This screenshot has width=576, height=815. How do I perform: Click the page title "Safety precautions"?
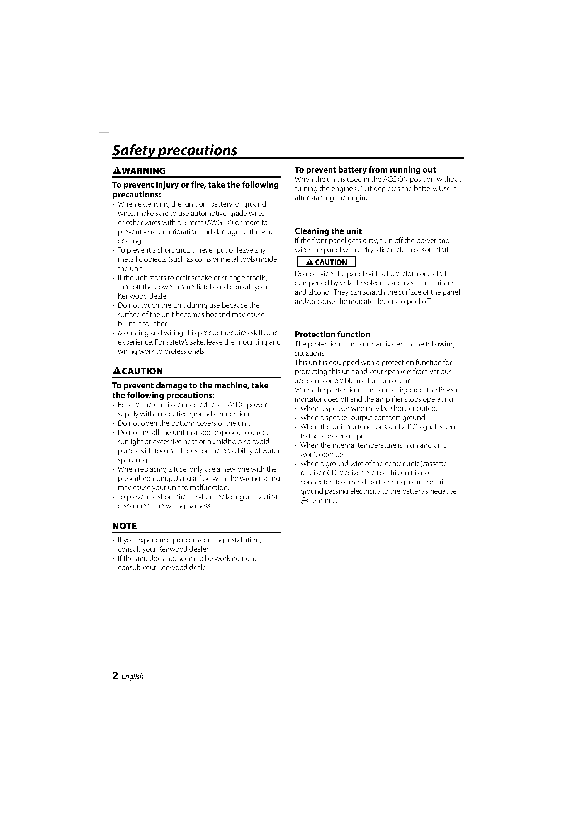tap(175, 150)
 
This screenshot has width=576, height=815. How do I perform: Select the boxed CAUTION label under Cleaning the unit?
tap(327, 262)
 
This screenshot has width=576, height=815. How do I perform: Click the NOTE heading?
tap(125, 526)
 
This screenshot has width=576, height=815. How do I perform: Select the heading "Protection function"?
tap(332, 334)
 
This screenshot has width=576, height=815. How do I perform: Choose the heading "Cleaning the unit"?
tap(328, 231)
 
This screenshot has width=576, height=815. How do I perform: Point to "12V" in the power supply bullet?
tap(232, 405)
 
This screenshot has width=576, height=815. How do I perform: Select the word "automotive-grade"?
tap(216, 213)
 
